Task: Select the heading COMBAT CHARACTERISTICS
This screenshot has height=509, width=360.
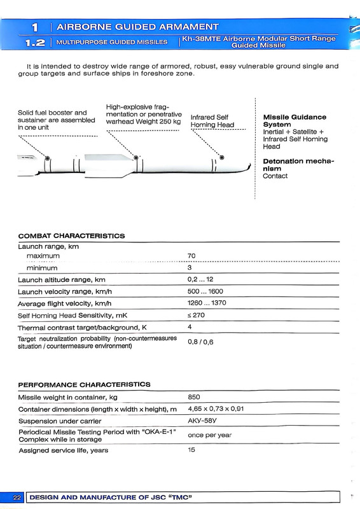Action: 71,235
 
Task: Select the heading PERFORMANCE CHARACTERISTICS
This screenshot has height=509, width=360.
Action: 84,384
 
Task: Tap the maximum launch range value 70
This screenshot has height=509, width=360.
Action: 192,256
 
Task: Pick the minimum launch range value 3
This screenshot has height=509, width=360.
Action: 190,268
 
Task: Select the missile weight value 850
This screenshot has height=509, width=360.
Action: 195,397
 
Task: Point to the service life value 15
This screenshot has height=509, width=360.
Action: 191,450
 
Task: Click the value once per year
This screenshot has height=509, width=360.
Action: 209,436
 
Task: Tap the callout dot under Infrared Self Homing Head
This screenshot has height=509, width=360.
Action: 221,157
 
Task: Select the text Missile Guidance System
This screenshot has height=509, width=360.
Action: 294,121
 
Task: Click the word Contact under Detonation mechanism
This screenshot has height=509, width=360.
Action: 275,176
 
